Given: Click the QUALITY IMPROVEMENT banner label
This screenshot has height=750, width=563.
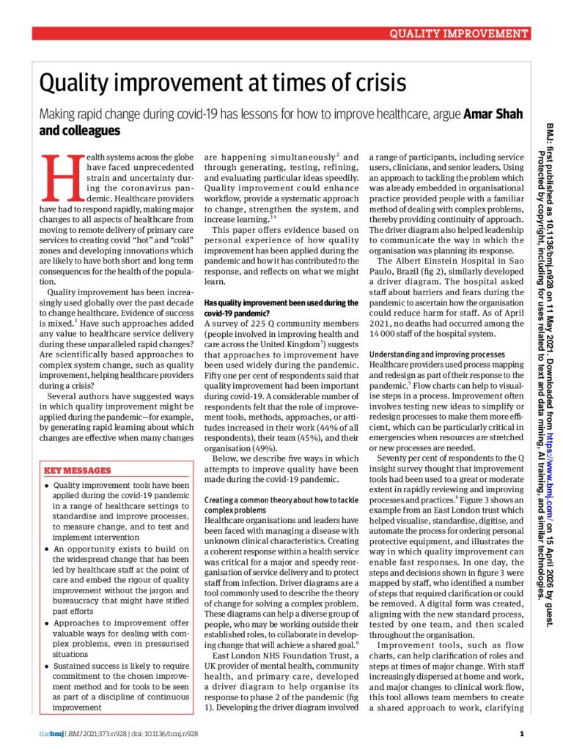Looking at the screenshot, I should coord(458,34).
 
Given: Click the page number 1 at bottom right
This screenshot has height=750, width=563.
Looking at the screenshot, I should coord(521,733).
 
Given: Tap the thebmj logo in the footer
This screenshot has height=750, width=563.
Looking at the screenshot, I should coord(51,733).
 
